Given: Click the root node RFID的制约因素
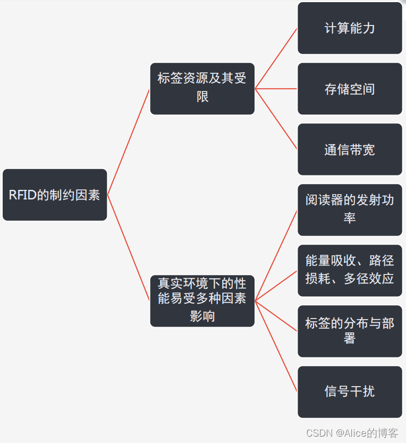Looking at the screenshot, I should click(x=55, y=195).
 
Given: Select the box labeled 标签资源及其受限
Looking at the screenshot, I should click(x=202, y=88).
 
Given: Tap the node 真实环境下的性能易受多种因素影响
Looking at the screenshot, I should click(x=202, y=300).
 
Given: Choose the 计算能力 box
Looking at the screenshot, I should click(x=350, y=28).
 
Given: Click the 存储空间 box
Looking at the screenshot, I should click(x=350, y=89).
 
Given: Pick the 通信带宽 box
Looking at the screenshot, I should click(x=350, y=149).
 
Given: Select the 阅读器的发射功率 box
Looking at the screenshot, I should click(x=350, y=210).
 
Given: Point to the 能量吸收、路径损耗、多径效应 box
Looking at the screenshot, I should click(x=350, y=270).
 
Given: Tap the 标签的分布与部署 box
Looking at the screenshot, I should click(x=350, y=331).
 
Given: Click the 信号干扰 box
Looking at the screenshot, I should click(x=350, y=391).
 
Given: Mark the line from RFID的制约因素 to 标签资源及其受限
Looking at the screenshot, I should click(x=129, y=141).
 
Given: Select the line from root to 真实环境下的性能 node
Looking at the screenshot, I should click(x=129, y=248).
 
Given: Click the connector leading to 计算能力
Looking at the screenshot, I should click(x=276, y=58).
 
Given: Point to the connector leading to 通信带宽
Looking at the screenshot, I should click(x=276, y=119).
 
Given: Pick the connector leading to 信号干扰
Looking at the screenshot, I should click(x=276, y=346).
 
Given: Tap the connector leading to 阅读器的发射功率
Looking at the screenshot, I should click(x=276, y=255).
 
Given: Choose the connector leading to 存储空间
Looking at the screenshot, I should click(x=276, y=89).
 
